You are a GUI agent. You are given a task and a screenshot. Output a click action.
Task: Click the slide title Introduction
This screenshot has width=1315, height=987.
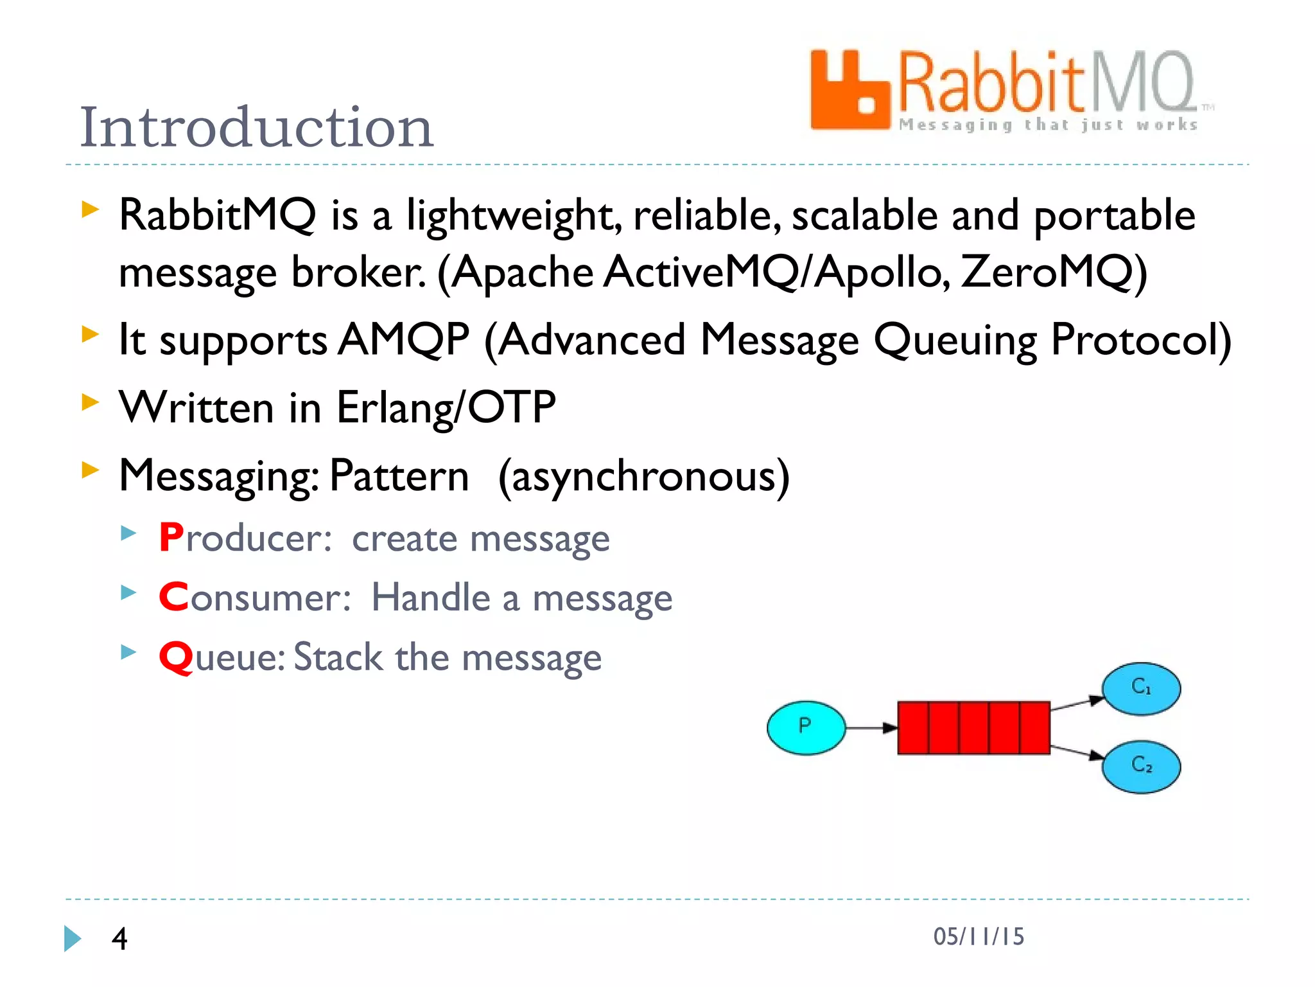[x=257, y=127]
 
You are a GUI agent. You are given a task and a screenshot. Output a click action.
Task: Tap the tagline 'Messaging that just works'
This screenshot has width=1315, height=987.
[x=1048, y=124]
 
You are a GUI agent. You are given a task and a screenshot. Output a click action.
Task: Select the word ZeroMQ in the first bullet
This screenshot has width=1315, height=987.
[x=1053, y=272]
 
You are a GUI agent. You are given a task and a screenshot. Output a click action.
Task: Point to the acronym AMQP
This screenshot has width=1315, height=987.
[x=404, y=339]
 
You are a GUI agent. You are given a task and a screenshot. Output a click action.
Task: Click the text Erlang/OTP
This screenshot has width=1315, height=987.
[x=446, y=407]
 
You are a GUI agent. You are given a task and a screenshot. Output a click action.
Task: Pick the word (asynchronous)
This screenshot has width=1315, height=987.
[x=644, y=477]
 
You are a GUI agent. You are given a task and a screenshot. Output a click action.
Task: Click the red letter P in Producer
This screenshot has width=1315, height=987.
[x=171, y=537]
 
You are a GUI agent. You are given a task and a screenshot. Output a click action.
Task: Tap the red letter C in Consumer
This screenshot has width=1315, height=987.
[x=173, y=597]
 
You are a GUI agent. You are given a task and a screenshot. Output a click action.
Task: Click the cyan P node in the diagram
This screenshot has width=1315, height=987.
[x=806, y=727]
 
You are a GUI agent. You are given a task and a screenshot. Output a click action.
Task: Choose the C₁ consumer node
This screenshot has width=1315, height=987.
[x=1141, y=688]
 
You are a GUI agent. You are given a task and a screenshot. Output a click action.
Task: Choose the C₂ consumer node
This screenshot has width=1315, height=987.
[x=1141, y=766]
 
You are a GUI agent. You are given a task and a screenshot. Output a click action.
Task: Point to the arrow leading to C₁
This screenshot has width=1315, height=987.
[x=1077, y=704]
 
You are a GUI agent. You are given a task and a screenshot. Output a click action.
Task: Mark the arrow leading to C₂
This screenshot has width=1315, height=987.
[x=1077, y=752]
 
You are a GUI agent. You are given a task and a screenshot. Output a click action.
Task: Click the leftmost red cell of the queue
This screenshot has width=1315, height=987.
[x=913, y=728]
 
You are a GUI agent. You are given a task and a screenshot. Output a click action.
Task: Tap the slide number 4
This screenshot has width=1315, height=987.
[x=119, y=939]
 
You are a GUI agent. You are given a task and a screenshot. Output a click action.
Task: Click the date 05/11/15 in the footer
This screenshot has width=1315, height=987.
[x=979, y=937]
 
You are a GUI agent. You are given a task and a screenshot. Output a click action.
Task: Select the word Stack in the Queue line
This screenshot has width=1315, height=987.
[x=338, y=657]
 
